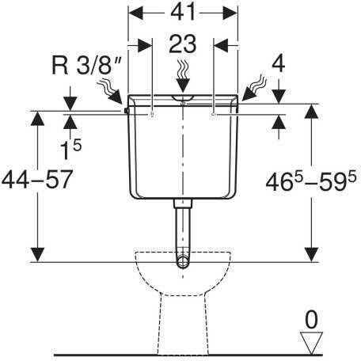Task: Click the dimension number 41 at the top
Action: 183,12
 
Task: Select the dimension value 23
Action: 183,44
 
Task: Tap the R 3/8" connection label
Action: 87,65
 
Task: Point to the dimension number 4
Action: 279,64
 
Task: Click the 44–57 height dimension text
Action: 37,179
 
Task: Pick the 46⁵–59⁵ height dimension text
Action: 311,180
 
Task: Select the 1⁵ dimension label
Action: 70,150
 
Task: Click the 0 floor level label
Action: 311,320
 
